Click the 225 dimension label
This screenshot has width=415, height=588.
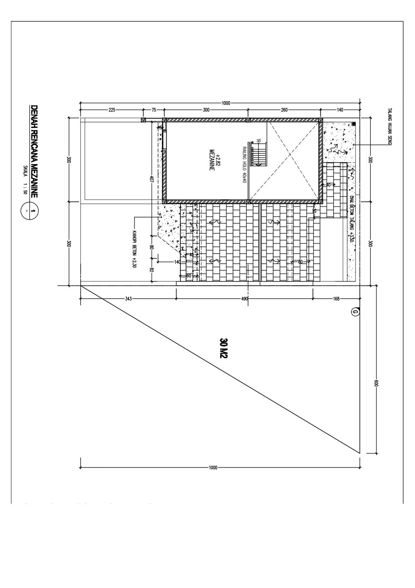click(112, 110)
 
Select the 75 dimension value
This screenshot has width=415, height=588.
click(154, 110)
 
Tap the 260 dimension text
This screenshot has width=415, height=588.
click(284, 110)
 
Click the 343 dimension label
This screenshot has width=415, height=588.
click(128, 299)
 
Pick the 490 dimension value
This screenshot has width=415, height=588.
click(244, 299)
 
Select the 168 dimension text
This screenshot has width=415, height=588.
click(336, 299)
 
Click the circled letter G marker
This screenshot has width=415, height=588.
click(355, 312)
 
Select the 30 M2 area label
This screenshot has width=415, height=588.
click(223, 348)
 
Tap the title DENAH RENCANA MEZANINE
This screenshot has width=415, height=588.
click(34, 152)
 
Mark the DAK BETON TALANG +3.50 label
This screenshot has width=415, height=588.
click(352, 220)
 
